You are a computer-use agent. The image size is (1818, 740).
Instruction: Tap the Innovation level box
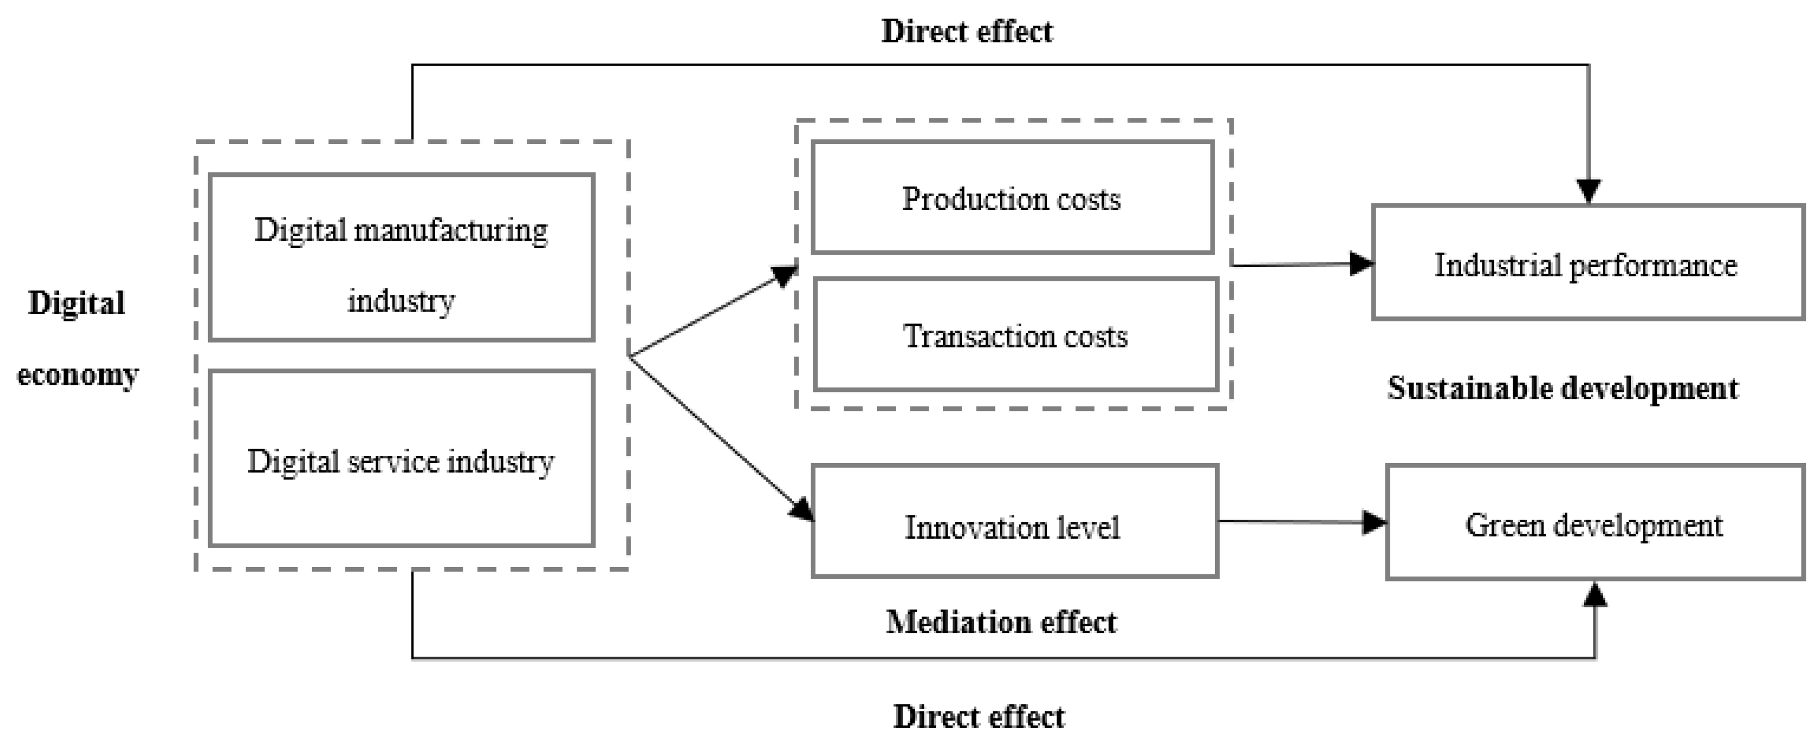(x=1014, y=522)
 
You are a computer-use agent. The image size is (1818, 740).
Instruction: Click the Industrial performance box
(x=1587, y=263)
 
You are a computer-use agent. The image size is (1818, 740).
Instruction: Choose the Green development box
(x=1594, y=523)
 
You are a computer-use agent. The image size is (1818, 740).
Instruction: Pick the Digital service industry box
(x=401, y=459)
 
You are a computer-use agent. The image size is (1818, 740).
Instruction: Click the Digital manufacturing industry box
(x=401, y=257)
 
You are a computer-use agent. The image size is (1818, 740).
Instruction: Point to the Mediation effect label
(x=1000, y=622)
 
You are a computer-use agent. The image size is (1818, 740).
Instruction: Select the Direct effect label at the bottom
(x=978, y=717)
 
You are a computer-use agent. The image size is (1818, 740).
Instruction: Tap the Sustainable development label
(x=1563, y=389)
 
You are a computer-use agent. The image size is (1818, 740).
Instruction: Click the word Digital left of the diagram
(x=76, y=304)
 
